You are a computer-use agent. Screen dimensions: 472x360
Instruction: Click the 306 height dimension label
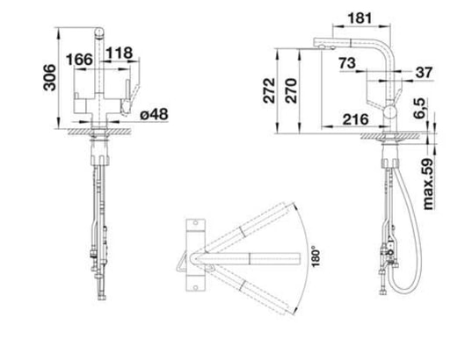point(50,77)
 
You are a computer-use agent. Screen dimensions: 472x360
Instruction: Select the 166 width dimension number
point(79,60)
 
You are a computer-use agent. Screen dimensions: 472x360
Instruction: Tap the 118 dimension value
point(120,54)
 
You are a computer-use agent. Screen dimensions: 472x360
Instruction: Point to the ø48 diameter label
point(154,114)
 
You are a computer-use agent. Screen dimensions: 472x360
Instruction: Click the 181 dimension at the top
point(359,18)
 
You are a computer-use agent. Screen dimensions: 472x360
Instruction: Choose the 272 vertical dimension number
point(269,90)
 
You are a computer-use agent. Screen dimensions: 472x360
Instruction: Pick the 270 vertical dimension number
point(291,90)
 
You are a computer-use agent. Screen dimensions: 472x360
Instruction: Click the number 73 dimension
point(347,63)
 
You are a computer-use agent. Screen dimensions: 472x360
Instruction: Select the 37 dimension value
point(424,73)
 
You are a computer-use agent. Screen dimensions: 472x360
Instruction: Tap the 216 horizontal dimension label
point(355,119)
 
